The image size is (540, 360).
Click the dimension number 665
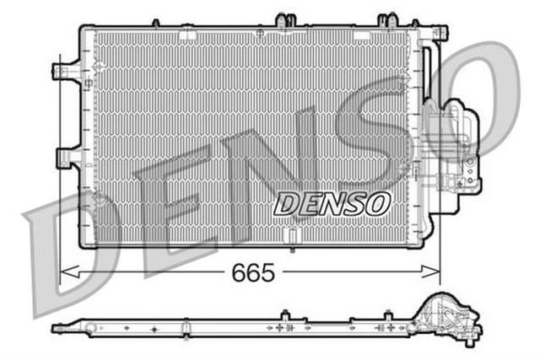tap(252, 273)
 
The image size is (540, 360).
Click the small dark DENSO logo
tap(332, 203)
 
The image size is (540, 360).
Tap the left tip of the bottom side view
tap(56, 328)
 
